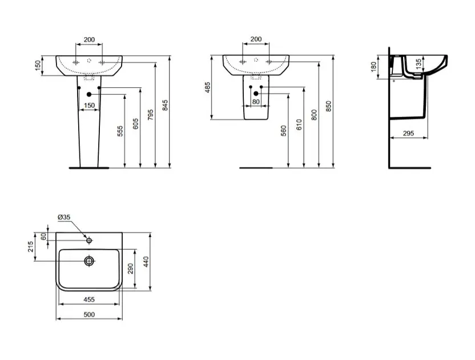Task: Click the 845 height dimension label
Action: pyautogui.click(x=165, y=105)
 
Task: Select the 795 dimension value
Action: pyautogui.click(x=151, y=115)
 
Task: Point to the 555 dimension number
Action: pyautogui.click(x=120, y=131)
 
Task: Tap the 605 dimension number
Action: pyautogui.click(x=136, y=124)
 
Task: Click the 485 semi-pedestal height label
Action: pyautogui.click(x=207, y=87)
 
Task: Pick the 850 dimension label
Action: pyautogui.click(x=329, y=106)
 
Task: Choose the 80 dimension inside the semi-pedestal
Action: pyautogui.click(x=256, y=102)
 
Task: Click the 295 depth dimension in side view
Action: pyautogui.click(x=408, y=133)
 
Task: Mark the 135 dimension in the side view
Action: pyautogui.click(x=418, y=64)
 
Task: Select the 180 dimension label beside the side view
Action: pyautogui.click(x=373, y=67)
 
